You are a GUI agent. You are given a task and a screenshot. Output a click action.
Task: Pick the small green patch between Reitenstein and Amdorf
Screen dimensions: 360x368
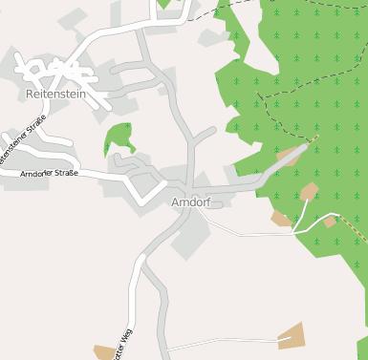tap(119, 138)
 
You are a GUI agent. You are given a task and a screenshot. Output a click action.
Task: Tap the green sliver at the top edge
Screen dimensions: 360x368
tap(166, 4)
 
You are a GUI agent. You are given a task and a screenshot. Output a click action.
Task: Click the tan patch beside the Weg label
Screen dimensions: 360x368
tap(103, 352)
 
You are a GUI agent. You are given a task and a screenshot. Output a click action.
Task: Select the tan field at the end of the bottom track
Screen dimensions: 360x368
tap(290, 335)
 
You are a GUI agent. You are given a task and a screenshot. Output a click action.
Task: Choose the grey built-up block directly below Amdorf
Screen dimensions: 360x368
tap(190, 237)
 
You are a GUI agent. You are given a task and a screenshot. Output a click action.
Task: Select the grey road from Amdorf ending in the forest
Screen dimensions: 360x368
tap(272, 166)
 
